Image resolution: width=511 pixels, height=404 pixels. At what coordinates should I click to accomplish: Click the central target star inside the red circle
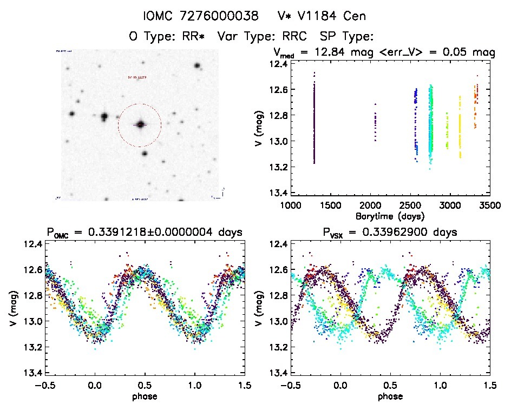pyautogui.click(x=141, y=124)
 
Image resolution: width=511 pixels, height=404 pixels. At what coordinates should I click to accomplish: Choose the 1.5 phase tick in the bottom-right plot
pyautogui.click(x=489, y=386)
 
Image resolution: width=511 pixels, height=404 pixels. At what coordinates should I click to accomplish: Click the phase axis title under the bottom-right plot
pyautogui.click(x=389, y=396)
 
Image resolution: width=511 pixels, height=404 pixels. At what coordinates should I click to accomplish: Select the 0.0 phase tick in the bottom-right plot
pyautogui.click(x=340, y=386)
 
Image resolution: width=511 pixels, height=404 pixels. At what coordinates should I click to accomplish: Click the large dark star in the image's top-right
pyautogui.click(x=197, y=65)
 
